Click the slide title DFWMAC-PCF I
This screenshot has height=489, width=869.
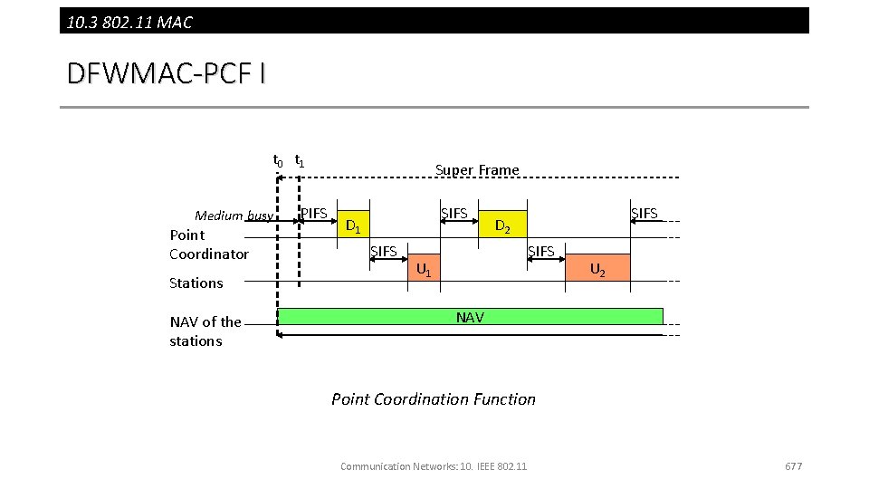pos(167,73)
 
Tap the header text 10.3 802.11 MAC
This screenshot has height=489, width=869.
pos(129,22)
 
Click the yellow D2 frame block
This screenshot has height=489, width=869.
pos(501,218)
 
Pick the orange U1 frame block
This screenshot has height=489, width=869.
pos(424,267)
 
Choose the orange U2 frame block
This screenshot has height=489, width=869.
pos(597,267)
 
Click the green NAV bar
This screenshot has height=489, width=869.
pos(470,317)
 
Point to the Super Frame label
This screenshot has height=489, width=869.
pos(477,170)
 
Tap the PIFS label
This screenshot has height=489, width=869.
pos(313,214)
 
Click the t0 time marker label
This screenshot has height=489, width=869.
pos(278,161)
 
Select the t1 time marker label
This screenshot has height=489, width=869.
pos(300,161)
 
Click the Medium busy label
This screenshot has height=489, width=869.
pos(234,216)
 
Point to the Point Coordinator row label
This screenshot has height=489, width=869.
pos(208,244)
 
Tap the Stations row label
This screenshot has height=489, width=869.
pos(196,283)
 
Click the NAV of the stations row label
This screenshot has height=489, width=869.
pos(205,331)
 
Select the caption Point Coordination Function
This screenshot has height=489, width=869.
pos(434,399)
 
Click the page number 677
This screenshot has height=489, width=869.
pos(793,466)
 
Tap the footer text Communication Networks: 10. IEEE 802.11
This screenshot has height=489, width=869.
pos(434,466)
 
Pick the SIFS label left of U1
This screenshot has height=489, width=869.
pos(384,251)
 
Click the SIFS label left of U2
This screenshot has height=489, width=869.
pos(540,251)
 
